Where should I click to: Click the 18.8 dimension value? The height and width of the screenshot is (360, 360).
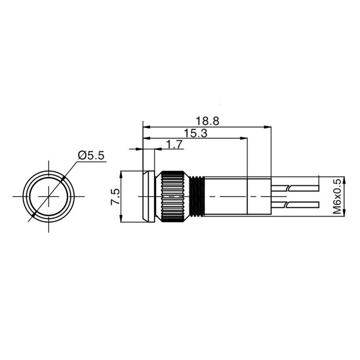[207, 121]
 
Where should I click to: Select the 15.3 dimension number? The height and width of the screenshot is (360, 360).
[195, 133]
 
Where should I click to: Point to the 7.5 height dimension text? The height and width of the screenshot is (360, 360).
[115, 197]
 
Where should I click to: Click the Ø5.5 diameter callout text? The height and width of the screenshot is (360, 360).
[91, 156]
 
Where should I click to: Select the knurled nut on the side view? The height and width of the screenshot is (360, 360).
[173, 197]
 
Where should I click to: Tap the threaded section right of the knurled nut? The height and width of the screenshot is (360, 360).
[197, 197]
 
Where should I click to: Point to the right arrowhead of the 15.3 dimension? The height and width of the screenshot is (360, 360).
[245, 138]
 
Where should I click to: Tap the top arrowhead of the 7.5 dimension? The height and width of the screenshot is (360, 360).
[121, 174]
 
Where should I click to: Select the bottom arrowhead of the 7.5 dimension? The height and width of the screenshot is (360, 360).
[121, 220]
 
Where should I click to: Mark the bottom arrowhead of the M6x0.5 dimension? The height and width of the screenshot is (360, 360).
[344, 214]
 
